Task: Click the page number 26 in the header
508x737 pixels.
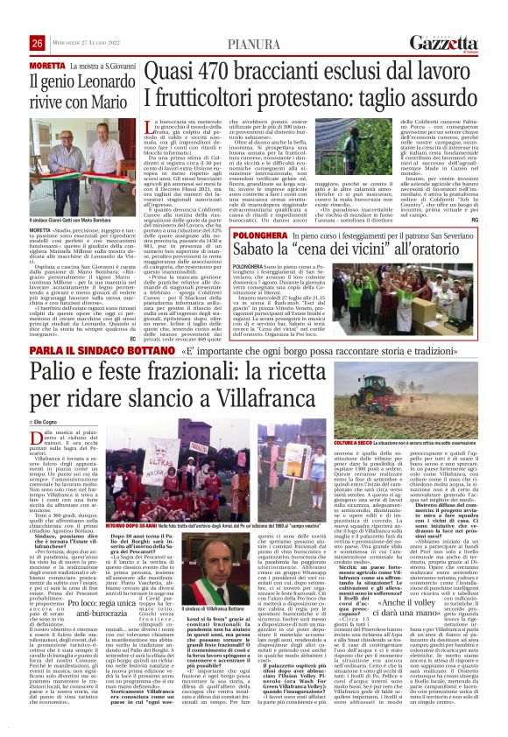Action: tap(38, 44)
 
